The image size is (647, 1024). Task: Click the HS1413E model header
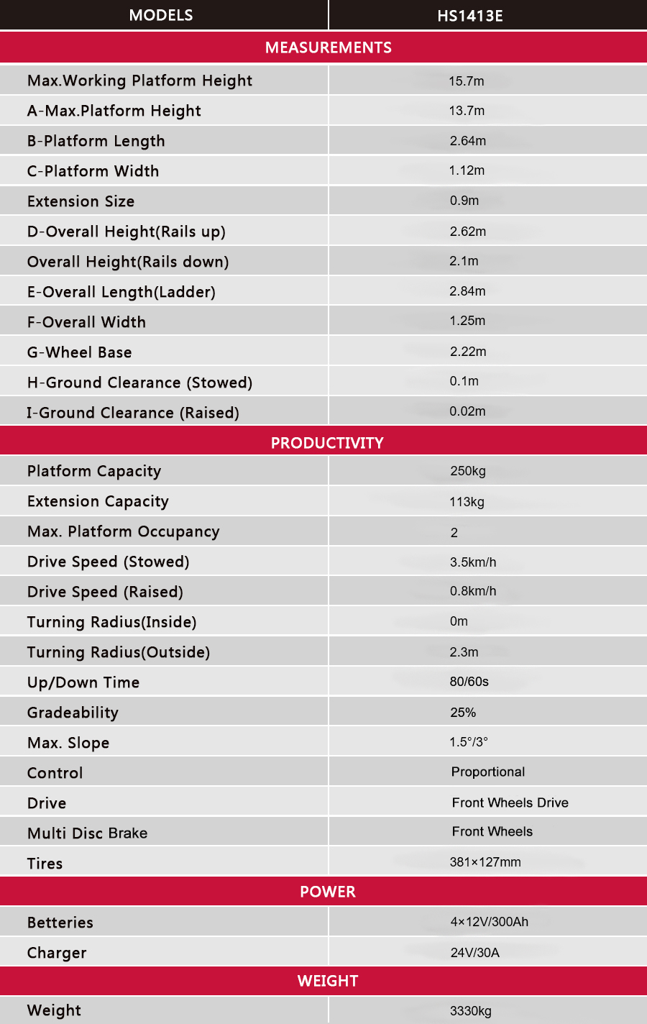[470, 16]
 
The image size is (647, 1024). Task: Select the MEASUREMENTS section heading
[328, 47]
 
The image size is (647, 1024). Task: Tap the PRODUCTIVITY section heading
[327, 443]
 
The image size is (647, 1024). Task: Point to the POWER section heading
[327, 892]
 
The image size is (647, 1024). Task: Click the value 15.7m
[467, 81]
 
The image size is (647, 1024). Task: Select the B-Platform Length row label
[96, 141]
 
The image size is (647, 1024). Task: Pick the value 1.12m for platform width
[467, 170]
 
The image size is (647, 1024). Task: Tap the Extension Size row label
[81, 201]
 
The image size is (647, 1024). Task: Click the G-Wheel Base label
[79, 352]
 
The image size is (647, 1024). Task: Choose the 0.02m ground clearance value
[467, 411]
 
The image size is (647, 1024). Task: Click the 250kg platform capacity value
[468, 471]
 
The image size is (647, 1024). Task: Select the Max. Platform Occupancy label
[123, 531]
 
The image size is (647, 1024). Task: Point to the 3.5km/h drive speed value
[473, 562]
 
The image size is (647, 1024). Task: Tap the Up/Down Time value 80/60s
[469, 682]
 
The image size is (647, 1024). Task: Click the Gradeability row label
[73, 713]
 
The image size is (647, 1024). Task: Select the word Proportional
[488, 772]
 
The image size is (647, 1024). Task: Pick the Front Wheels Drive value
[510, 803]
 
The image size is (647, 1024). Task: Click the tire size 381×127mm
[485, 862]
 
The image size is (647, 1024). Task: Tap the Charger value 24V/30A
[474, 953]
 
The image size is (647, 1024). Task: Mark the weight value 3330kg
[471, 1011]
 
